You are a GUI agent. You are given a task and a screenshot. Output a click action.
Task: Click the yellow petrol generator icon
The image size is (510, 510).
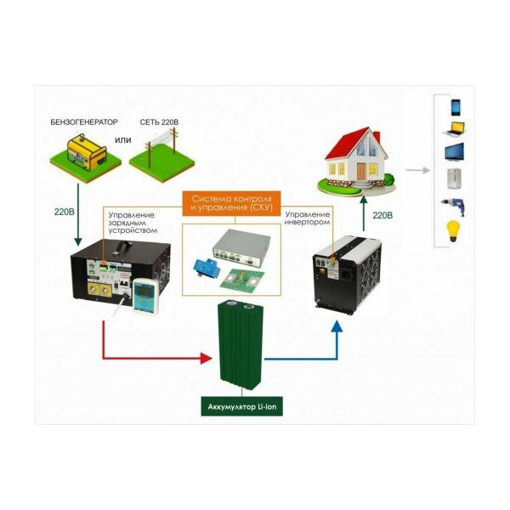[85, 156]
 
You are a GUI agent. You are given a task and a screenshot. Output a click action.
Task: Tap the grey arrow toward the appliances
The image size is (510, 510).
[416, 170]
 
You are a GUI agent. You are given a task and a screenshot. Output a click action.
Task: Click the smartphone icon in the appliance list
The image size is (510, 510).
[456, 107]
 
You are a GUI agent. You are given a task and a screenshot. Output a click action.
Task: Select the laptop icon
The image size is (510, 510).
[456, 130]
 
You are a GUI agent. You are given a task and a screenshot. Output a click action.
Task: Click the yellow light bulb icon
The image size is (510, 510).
[456, 229]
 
